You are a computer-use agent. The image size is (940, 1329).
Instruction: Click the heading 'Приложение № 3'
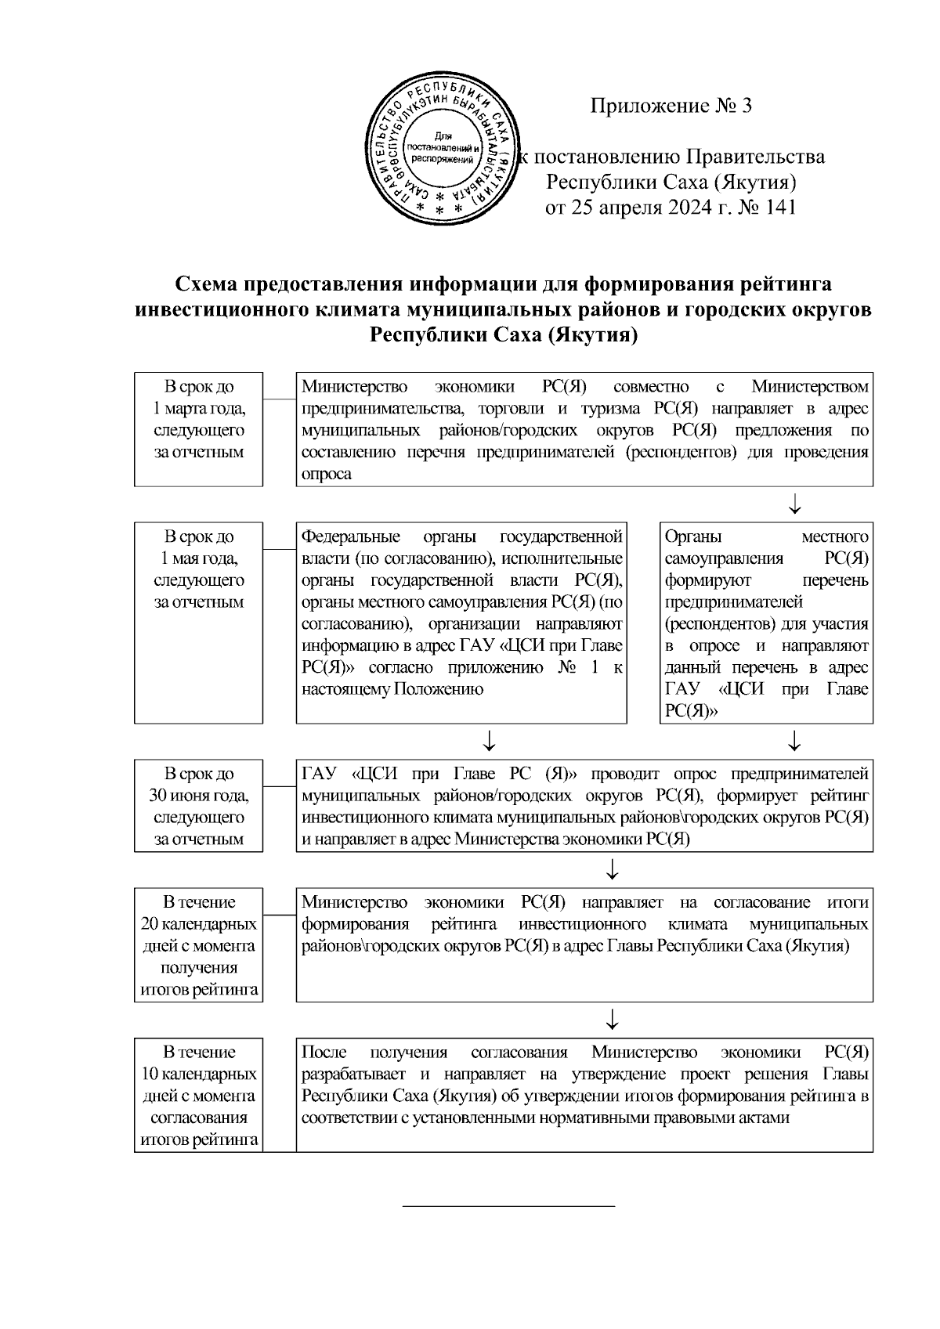(671, 106)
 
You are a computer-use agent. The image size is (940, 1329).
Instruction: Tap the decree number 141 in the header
(780, 208)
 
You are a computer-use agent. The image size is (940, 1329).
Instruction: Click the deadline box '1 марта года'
(198, 429)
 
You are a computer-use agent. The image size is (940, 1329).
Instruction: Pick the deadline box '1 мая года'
(198, 623)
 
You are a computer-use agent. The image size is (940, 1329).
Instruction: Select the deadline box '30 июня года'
(198, 806)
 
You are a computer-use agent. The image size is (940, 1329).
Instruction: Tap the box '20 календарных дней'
(198, 944)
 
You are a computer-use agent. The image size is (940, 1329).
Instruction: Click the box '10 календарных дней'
(198, 1095)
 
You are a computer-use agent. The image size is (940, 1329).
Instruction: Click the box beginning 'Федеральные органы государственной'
(461, 623)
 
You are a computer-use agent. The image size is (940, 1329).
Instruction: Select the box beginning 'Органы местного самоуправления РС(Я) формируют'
(766, 623)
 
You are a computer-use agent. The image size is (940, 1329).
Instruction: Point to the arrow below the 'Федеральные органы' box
(489, 740)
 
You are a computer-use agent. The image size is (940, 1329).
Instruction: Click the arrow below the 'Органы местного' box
(794, 740)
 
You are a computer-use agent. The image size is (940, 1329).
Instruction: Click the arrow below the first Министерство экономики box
(794, 504)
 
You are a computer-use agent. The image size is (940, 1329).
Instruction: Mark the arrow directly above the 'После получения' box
(613, 1020)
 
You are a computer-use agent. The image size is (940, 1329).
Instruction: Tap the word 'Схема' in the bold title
(206, 283)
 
